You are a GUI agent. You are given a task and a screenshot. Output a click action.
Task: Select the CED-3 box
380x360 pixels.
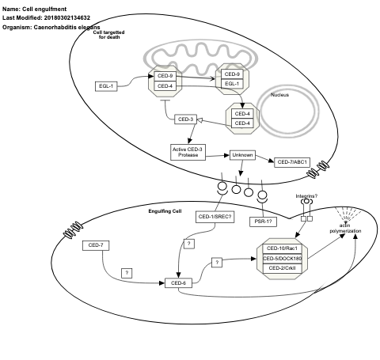click(x=186, y=119)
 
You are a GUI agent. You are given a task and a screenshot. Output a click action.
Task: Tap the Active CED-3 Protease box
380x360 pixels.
click(x=188, y=151)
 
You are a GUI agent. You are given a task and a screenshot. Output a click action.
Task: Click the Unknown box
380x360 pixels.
click(x=242, y=155)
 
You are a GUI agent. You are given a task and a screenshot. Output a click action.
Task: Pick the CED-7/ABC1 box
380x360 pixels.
click(x=291, y=162)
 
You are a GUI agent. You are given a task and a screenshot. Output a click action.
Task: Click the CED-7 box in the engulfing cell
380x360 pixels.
click(x=97, y=245)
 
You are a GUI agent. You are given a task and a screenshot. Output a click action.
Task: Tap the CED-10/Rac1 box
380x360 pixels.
click(x=285, y=248)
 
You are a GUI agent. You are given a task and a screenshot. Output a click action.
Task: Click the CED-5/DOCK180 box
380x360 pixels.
click(x=285, y=258)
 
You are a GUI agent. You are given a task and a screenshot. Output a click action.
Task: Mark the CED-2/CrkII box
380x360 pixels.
click(x=285, y=267)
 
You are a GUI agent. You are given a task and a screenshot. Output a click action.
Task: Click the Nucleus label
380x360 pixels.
click(x=280, y=94)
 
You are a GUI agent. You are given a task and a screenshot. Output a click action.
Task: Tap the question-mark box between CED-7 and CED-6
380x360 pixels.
click(x=127, y=272)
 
